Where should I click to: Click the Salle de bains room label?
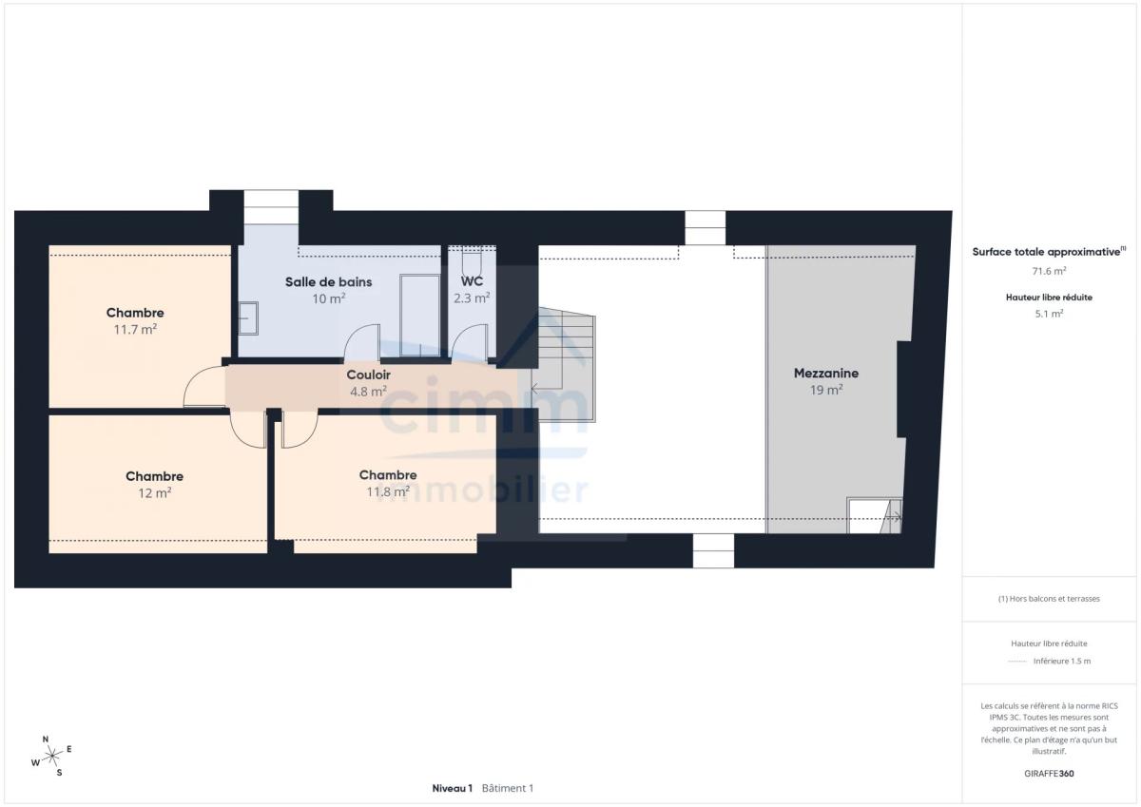tap(329, 281)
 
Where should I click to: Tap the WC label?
tap(472, 281)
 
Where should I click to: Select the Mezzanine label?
tap(825, 374)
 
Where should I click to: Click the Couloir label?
tap(368, 375)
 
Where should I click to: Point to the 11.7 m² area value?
tap(135, 330)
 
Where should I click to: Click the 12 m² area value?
tap(154, 493)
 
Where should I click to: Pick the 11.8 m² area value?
tap(388, 491)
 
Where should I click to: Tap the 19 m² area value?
tap(826, 390)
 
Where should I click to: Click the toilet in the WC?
tap(472, 260)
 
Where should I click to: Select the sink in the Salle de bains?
tap(248, 318)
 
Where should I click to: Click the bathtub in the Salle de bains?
tap(420, 316)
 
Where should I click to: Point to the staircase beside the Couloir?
tap(563, 364)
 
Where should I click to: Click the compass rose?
tap(52, 756)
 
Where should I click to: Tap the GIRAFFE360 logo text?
tap(1049, 774)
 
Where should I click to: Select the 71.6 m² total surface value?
tap(1049, 271)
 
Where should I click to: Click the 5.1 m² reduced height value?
tap(1049, 314)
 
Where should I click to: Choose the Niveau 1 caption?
tap(453, 788)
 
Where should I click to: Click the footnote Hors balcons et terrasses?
tap(1049, 599)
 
